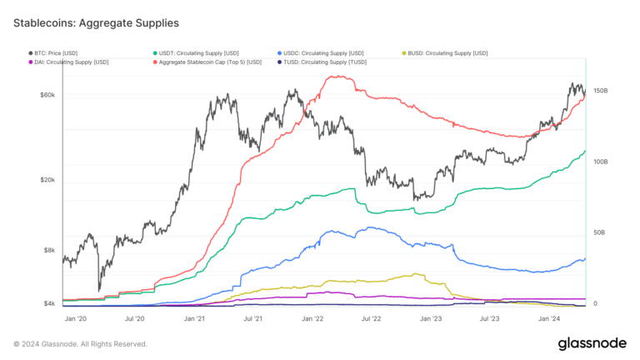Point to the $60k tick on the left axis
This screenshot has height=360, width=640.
point(47,95)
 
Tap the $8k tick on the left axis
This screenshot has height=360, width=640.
point(49,250)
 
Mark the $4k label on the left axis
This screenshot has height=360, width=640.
point(49,304)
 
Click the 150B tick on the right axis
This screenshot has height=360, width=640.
point(599,91)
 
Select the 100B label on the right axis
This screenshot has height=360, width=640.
point(599,162)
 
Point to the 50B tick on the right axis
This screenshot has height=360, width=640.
point(597,233)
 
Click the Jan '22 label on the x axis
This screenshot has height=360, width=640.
point(312,318)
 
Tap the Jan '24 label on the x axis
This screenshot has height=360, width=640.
point(548,318)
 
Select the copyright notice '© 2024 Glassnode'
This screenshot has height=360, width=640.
point(80,343)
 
